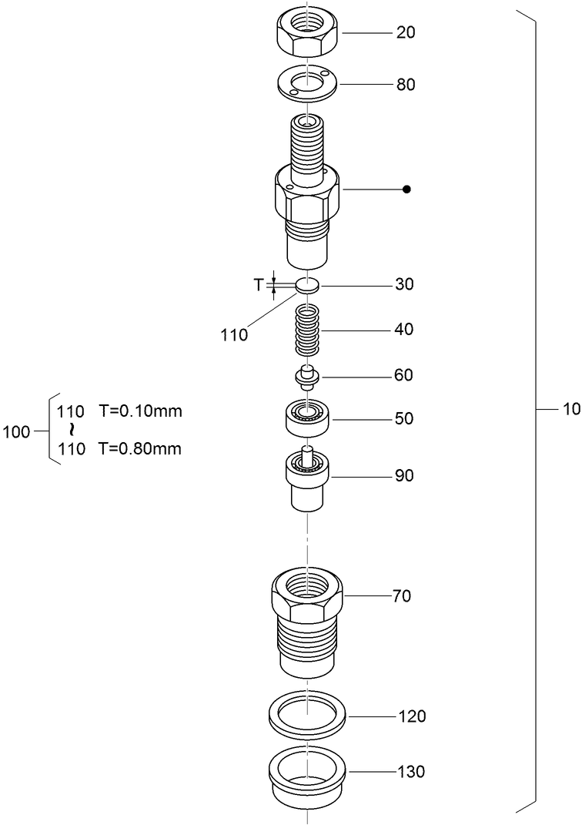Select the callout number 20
[x=405, y=33]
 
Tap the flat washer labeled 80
[x=307, y=83]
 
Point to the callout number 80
[x=405, y=85]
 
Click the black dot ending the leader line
[x=407, y=189]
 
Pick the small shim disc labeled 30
[x=307, y=285]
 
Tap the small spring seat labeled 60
[x=307, y=377]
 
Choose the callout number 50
[x=404, y=419]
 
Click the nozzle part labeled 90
[x=307, y=480]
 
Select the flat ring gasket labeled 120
[x=307, y=715]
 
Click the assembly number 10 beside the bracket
[x=570, y=410]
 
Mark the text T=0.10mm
[x=140, y=411]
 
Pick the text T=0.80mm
[x=140, y=449]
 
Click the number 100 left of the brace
[x=16, y=432]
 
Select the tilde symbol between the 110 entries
[x=72, y=429]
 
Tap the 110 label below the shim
[x=234, y=334]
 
